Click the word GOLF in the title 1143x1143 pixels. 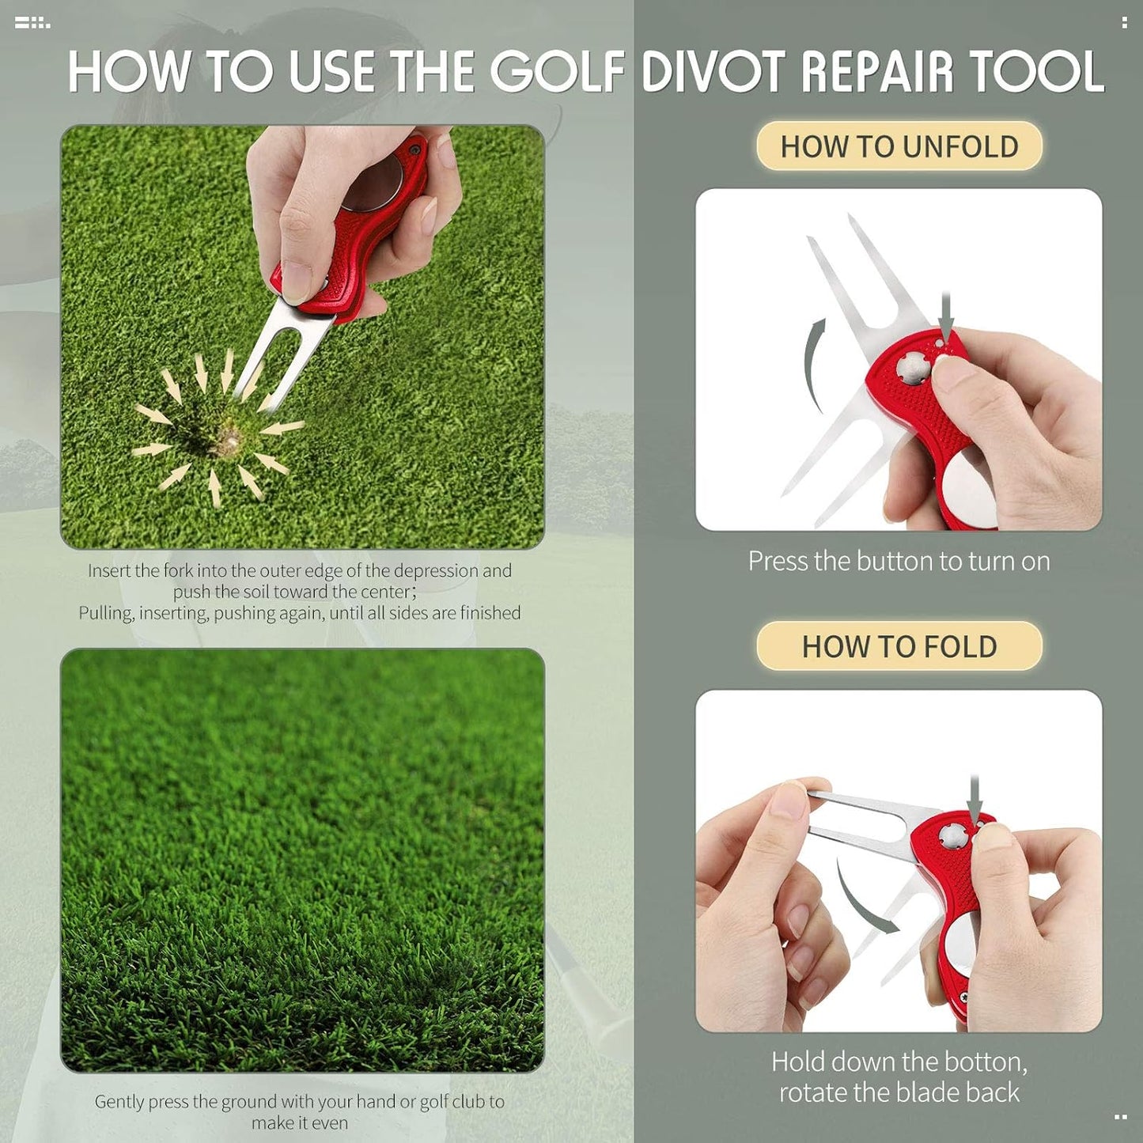click(x=557, y=72)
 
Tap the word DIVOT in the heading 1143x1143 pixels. click(x=715, y=72)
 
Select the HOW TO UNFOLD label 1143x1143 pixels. click(x=899, y=146)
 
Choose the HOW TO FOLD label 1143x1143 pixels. click(x=899, y=646)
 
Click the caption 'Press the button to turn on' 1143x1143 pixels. click(x=899, y=561)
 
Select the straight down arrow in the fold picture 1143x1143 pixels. click(x=975, y=799)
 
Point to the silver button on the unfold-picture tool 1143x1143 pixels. click(x=914, y=366)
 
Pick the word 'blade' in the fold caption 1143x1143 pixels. click(x=941, y=1092)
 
